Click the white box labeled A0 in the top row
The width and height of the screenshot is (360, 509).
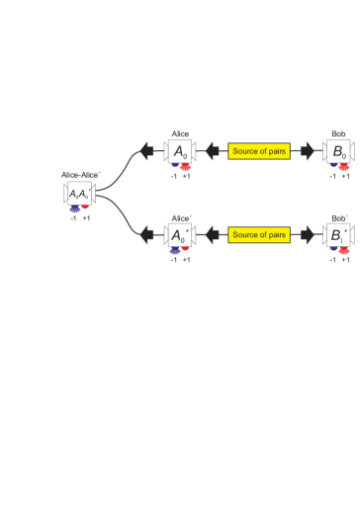coord(180,151)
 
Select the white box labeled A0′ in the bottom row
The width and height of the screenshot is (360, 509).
coord(180,235)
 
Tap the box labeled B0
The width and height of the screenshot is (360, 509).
coord(338,151)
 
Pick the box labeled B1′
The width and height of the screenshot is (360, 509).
coord(338,235)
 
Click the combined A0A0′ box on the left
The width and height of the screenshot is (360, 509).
coord(79,194)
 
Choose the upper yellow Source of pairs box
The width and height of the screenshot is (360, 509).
coord(259,151)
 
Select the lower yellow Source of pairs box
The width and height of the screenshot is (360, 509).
coord(259,235)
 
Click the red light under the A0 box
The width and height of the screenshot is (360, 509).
coord(186,168)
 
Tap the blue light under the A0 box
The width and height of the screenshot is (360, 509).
coord(173,167)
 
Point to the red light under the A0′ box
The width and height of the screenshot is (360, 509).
coord(186,251)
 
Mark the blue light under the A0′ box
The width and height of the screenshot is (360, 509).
coord(173,251)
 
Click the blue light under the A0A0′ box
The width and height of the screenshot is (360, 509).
coord(74,210)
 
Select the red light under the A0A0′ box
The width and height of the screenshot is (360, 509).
coord(86,208)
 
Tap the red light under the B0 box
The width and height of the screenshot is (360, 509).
coord(344,168)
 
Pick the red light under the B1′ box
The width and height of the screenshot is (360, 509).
coord(344,251)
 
